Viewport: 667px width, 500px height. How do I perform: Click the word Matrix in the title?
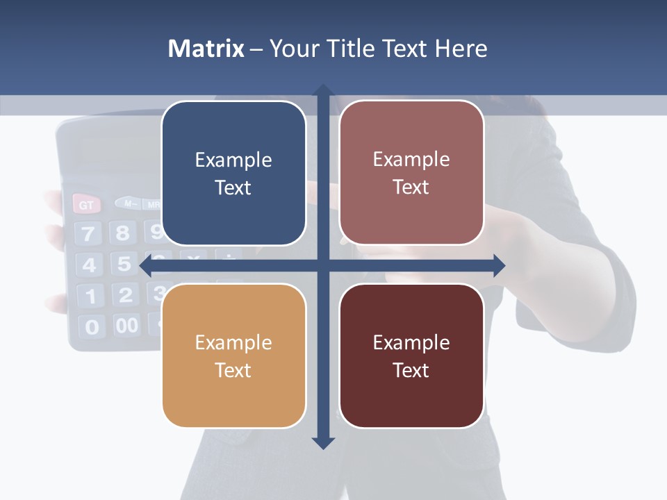pyautogui.click(x=206, y=49)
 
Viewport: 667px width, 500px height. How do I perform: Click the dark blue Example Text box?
pyautogui.click(x=233, y=174)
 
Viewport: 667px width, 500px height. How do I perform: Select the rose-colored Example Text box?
pyautogui.click(x=411, y=173)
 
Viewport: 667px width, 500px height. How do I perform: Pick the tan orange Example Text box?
pyautogui.click(x=233, y=356)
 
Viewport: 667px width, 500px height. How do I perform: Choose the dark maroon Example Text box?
pyautogui.click(x=411, y=356)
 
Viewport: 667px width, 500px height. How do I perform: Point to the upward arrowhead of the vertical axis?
pyautogui.click(x=322, y=91)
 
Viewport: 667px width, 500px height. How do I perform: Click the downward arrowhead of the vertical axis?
pyautogui.click(x=322, y=442)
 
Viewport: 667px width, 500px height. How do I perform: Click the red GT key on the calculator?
pyautogui.click(x=87, y=205)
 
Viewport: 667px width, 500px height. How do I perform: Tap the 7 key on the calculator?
pyautogui.click(x=88, y=234)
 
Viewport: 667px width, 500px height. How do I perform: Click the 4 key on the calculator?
pyautogui.click(x=89, y=265)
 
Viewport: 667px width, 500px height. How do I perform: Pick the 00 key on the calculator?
pyautogui.click(x=126, y=325)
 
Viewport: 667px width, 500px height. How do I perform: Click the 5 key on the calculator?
pyautogui.click(x=124, y=264)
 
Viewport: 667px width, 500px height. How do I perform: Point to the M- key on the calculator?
pyautogui.click(x=128, y=203)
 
